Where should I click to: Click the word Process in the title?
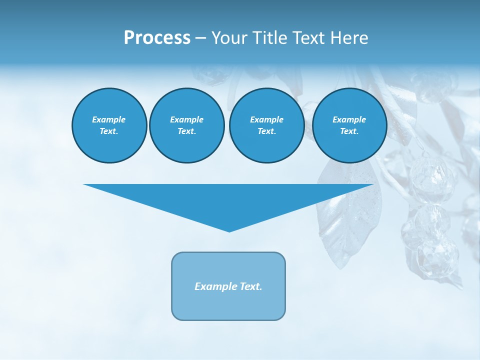(x=157, y=38)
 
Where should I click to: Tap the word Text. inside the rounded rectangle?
(x=250, y=286)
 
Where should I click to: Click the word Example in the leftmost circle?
(x=109, y=119)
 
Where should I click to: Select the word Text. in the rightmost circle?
(x=349, y=131)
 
